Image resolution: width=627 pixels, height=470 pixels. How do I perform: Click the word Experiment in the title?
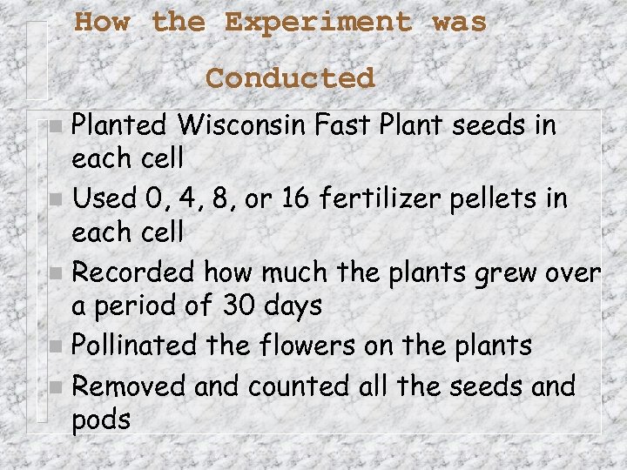point(318,23)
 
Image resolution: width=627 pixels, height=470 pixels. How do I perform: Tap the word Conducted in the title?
point(290,78)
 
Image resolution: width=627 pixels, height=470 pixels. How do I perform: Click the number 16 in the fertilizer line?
point(295,199)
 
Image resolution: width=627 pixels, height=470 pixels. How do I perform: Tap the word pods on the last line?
point(101,420)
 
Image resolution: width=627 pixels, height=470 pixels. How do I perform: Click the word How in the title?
point(102,23)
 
